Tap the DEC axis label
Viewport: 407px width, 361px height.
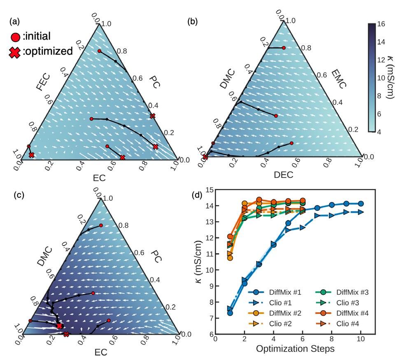[x=284, y=175]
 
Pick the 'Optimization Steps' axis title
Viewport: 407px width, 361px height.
[x=294, y=349]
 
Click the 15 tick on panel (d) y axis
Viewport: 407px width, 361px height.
[x=209, y=190]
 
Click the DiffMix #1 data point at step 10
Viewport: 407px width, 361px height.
[x=360, y=204]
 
